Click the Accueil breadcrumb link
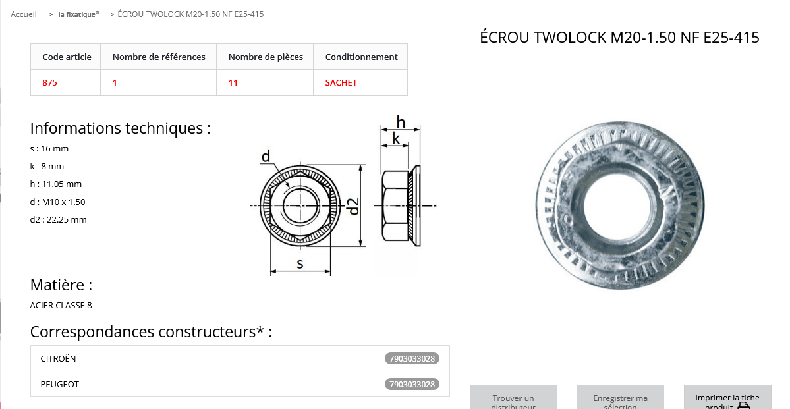coord(24,14)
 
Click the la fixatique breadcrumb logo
coord(78,14)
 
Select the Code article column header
coord(67,57)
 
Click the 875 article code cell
coord(50,82)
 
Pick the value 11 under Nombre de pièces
coord(233,82)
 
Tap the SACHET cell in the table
coord(341,82)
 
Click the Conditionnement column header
coord(361,57)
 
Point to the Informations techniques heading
coord(121,128)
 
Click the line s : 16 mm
coord(49,149)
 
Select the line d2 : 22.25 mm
coord(59,219)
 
